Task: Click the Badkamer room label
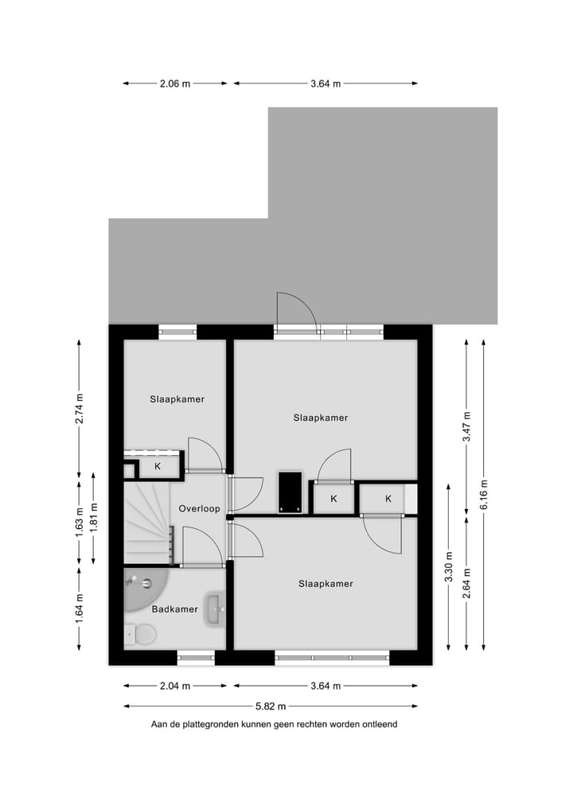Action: click(x=174, y=609)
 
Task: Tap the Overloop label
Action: click(x=199, y=508)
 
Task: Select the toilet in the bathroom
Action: click(x=143, y=634)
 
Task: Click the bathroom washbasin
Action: click(x=214, y=609)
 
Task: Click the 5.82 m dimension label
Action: click(x=271, y=706)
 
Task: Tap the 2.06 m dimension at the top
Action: click(x=175, y=84)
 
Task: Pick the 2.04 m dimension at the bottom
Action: click(x=175, y=686)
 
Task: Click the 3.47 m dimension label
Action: click(x=466, y=426)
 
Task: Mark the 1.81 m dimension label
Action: click(x=94, y=517)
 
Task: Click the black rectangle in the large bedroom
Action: click(x=290, y=492)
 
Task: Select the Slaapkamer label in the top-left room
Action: click(x=177, y=399)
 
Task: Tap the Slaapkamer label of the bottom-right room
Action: click(x=325, y=584)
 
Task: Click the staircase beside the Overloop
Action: click(x=147, y=521)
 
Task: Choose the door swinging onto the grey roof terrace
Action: click(x=296, y=313)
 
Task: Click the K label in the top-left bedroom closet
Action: click(x=158, y=467)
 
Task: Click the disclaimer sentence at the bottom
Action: click(x=274, y=725)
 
